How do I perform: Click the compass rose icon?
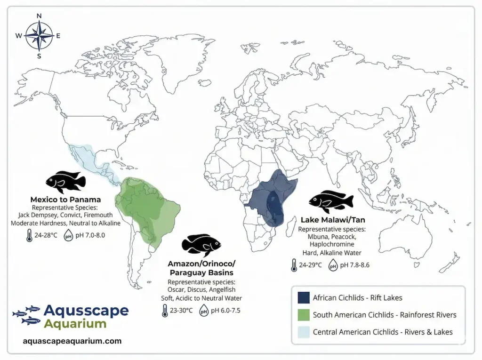pos(39,36)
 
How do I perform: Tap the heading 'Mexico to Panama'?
pos(65,200)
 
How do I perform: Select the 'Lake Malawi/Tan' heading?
pos(332,220)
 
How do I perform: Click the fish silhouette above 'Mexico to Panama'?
pos(65,182)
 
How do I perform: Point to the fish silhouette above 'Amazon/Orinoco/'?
pos(201,245)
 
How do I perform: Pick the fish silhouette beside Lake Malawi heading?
pos(331,202)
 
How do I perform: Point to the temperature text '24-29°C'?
pos(311,265)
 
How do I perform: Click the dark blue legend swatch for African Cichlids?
pos(303,297)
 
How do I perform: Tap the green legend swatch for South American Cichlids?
pos(303,314)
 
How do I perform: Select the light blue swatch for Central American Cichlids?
pos(303,332)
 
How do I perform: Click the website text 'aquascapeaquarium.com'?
pos(72,341)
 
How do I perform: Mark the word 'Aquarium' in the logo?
pos(75,324)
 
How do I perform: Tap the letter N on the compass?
pos(39,16)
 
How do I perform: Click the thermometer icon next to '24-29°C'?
pos(294,265)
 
